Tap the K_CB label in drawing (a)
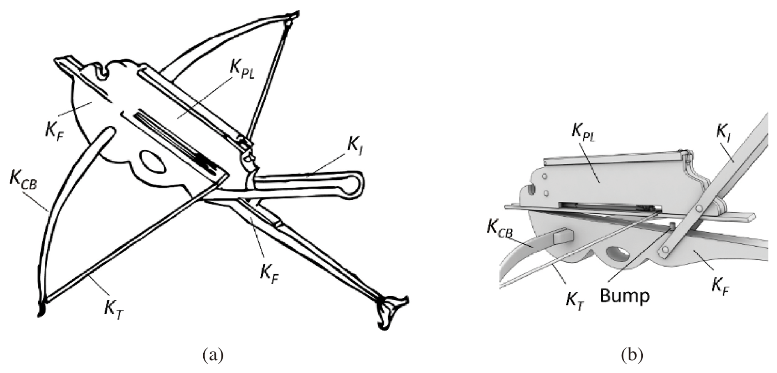[23, 181]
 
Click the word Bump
[625, 296]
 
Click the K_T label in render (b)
[575, 301]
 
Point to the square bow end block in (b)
[561, 237]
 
